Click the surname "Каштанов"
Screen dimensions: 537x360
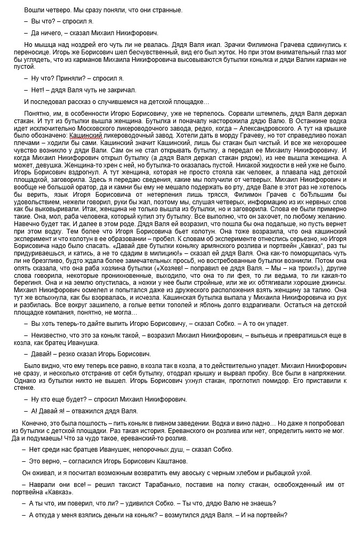click(x=170, y=461)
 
